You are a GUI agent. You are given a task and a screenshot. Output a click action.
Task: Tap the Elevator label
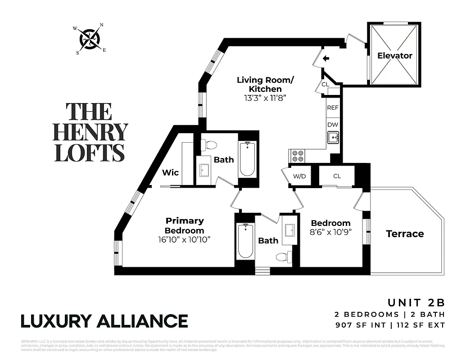click(x=394, y=56)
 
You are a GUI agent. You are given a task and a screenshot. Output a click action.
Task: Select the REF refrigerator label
click(x=333, y=108)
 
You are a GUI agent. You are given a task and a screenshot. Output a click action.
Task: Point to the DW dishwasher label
click(x=333, y=125)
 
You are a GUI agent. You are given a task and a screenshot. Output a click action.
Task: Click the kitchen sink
click(x=333, y=137)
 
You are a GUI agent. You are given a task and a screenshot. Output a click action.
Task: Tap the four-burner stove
click(x=298, y=156)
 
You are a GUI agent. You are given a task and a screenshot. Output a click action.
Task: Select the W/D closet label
click(x=299, y=176)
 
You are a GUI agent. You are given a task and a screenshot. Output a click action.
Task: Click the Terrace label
click(x=405, y=234)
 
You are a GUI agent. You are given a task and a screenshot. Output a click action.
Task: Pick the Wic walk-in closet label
click(x=170, y=172)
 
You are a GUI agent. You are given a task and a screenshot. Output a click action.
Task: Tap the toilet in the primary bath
click(x=208, y=144)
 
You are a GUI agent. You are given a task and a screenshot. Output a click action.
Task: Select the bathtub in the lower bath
click(x=245, y=241)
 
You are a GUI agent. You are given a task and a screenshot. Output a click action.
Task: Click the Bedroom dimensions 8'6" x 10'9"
click(x=330, y=232)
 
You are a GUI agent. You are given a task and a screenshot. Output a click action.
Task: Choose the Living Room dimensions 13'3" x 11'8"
click(x=265, y=97)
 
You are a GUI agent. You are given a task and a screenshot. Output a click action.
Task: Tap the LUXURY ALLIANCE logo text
click(x=104, y=321)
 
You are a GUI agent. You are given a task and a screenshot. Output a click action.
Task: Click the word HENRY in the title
click(x=90, y=132)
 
